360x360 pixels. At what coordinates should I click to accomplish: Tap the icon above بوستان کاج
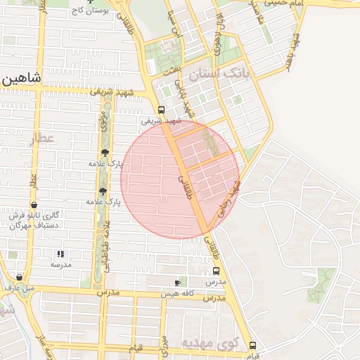89,2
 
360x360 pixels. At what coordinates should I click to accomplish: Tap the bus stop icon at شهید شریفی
161,110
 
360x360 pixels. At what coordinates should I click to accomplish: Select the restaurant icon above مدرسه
60,253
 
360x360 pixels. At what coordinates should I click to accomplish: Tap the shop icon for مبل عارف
19,277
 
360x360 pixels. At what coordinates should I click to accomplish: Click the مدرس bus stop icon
215,271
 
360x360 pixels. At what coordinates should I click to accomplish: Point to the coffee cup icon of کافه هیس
177,283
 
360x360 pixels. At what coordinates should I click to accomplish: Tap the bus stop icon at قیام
252,346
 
